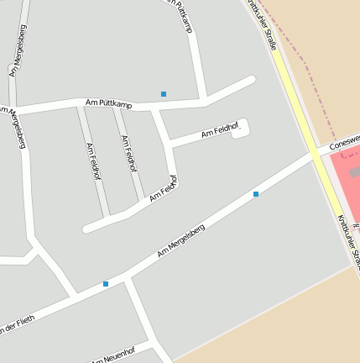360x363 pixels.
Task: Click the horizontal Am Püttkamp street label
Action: click(x=108, y=103)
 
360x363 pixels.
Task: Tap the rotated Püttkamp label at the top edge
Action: click(x=181, y=15)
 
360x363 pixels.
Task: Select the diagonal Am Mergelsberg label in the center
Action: click(x=180, y=241)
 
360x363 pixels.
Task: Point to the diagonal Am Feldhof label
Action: click(x=164, y=189)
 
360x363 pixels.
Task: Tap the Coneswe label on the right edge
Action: click(x=344, y=140)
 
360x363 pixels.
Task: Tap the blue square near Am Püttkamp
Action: click(x=164, y=93)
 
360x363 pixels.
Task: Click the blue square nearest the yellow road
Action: click(x=256, y=194)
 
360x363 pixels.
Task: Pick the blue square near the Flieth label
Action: click(x=106, y=284)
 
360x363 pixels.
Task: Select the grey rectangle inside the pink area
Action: click(x=354, y=172)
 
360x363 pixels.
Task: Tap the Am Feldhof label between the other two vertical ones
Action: click(x=128, y=154)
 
